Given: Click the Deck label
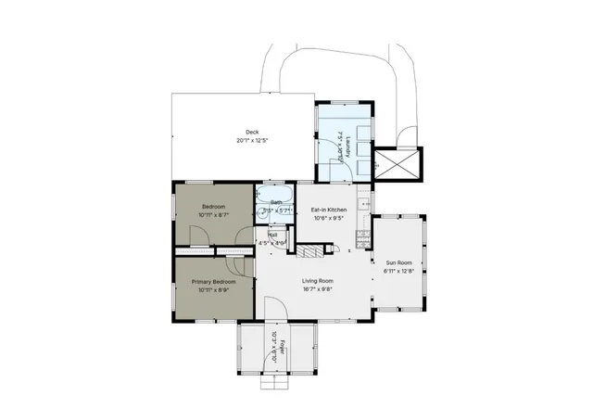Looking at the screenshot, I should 251,132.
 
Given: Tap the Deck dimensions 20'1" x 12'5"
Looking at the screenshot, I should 251,141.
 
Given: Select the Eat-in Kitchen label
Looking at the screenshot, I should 329,211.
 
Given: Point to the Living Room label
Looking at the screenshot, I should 318,280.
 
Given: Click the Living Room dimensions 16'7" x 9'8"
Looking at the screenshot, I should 318,289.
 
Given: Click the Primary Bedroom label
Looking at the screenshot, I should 214,281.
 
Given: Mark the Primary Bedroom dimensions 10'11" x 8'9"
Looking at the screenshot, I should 214,290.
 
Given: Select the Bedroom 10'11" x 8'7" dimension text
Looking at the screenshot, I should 214,214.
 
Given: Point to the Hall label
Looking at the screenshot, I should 273,236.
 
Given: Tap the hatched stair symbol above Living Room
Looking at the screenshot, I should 313,250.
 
